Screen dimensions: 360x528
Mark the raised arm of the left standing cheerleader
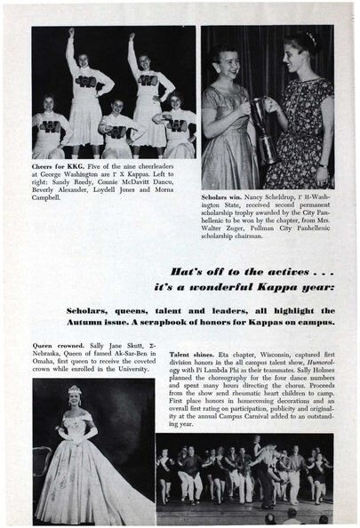point(69,44)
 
